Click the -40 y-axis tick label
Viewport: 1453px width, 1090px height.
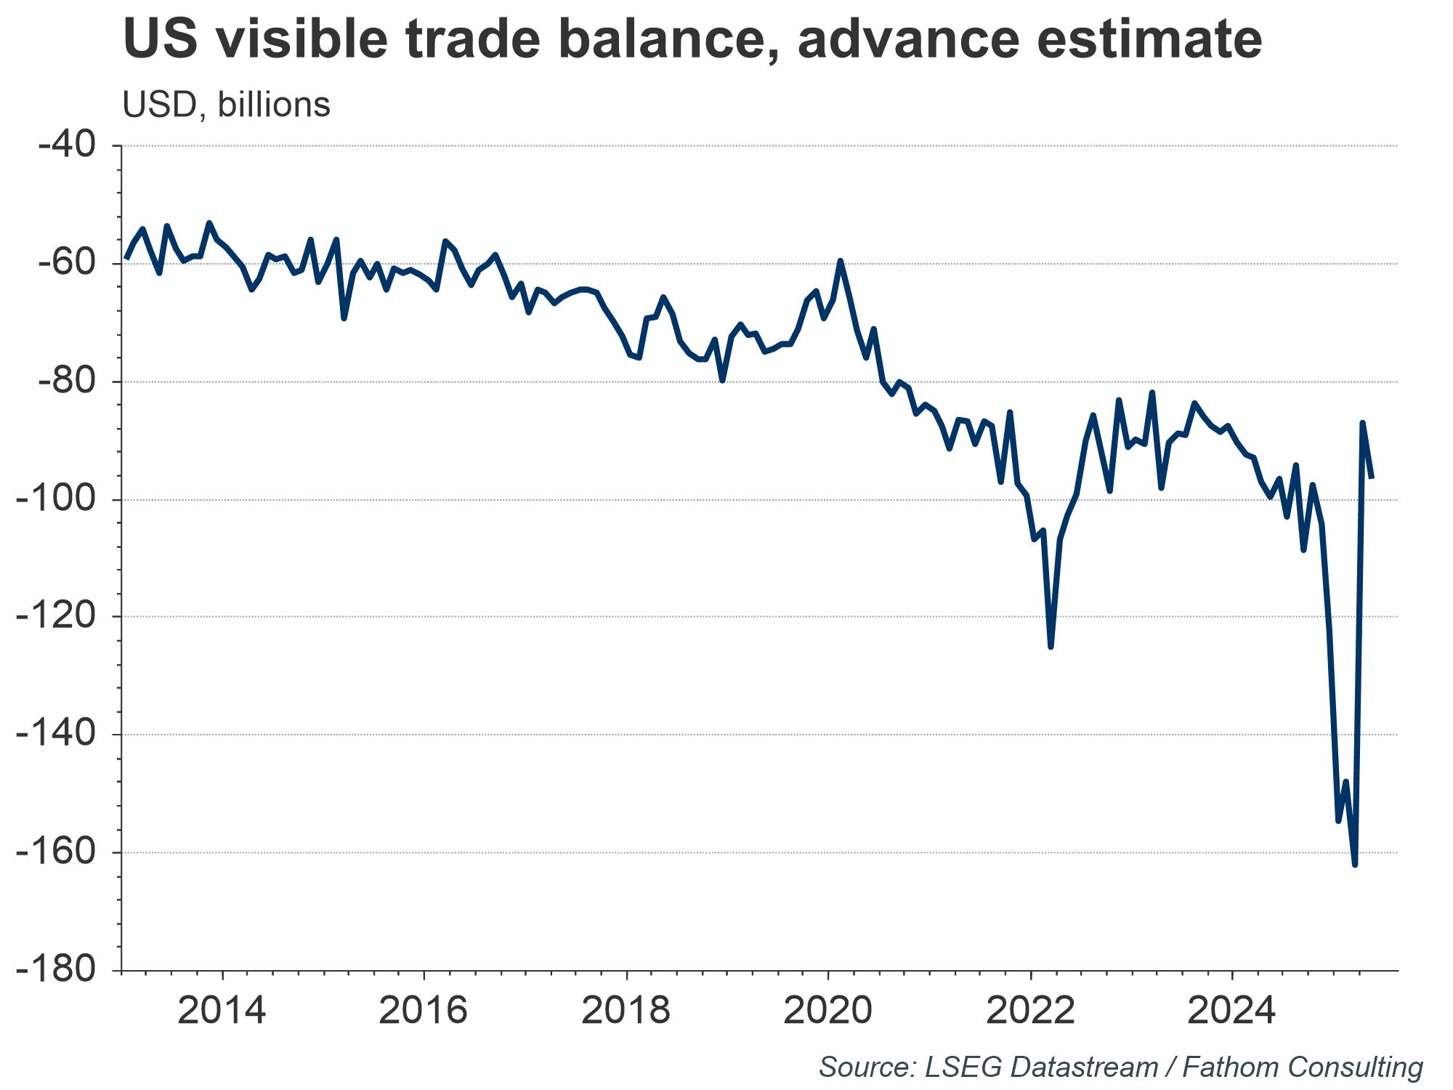(67, 145)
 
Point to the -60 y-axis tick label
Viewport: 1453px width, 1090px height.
(67, 263)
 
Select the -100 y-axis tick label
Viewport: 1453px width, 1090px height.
(57, 499)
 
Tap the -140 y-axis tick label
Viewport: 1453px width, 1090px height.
(57, 735)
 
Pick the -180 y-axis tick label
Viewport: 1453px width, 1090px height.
(57, 970)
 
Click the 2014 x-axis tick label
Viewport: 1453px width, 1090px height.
(222, 1010)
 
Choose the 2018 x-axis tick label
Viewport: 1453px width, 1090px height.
(626, 1010)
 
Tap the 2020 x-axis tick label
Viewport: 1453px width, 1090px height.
(827, 1010)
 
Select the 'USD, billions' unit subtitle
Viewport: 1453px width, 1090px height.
(226, 105)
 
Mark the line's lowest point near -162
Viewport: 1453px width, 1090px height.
(1355, 865)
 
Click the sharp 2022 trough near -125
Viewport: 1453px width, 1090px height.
(1051, 647)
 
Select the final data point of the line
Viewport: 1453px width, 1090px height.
(1372, 477)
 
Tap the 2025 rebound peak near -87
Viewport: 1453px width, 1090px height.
(1362, 422)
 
